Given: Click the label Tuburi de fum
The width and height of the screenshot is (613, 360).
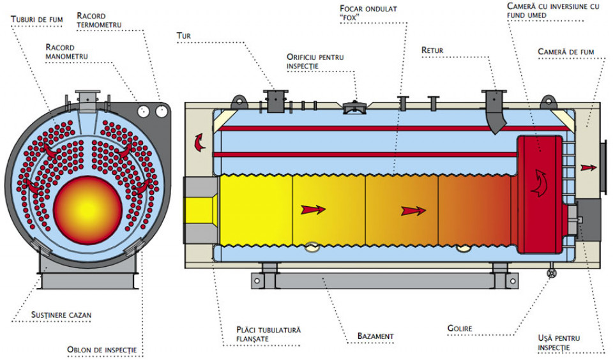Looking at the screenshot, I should coord(36,19).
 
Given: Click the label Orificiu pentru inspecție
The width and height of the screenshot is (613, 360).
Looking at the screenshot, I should coord(315,61).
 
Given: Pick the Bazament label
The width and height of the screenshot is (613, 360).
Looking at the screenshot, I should coord(375,336).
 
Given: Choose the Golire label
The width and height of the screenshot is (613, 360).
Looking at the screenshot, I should coord(459,329).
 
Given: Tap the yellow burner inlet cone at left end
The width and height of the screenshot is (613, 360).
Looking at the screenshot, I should coord(202,208).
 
